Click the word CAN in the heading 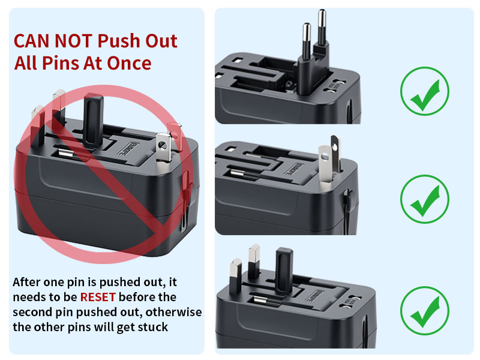(x=32, y=41)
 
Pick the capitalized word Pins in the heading (x=61, y=63)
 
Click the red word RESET (x=98, y=297)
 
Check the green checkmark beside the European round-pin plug (x=424, y=91)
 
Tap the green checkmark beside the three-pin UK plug (x=424, y=310)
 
